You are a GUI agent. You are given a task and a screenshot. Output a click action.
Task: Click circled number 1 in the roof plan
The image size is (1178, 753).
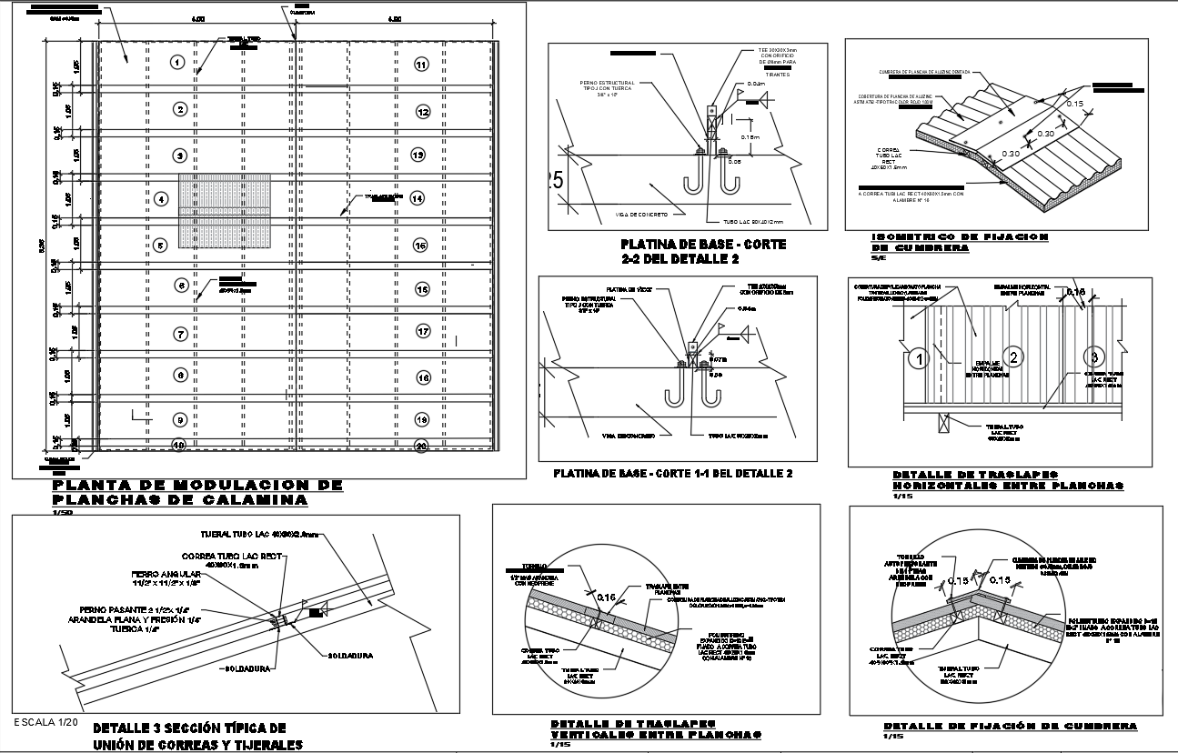[x=177, y=62]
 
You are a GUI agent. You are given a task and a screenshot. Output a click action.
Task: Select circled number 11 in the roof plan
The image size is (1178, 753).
[x=421, y=64]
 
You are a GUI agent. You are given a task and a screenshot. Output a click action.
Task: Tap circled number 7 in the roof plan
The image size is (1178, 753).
[x=181, y=334]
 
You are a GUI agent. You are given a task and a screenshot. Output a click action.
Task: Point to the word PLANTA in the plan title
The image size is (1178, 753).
[x=87, y=486]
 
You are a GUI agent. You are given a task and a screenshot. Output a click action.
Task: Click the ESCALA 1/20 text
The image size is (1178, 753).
[x=46, y=721]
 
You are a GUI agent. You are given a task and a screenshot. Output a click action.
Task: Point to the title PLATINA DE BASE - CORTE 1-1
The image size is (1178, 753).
[x=673, y=474]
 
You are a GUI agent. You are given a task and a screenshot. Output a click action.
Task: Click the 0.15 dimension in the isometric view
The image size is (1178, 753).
[x=1074, y=104]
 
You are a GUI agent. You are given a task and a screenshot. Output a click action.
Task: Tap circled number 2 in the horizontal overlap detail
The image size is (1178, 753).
[x=1015, y=356]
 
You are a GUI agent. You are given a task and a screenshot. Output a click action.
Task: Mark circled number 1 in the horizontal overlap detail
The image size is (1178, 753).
[x=920, y=359]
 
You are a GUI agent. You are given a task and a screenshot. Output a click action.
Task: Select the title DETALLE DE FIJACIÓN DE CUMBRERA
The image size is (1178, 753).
[x=1010, y=726]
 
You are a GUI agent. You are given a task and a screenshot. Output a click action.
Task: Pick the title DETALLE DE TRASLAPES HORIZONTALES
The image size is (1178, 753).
[x=1008, y=480]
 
